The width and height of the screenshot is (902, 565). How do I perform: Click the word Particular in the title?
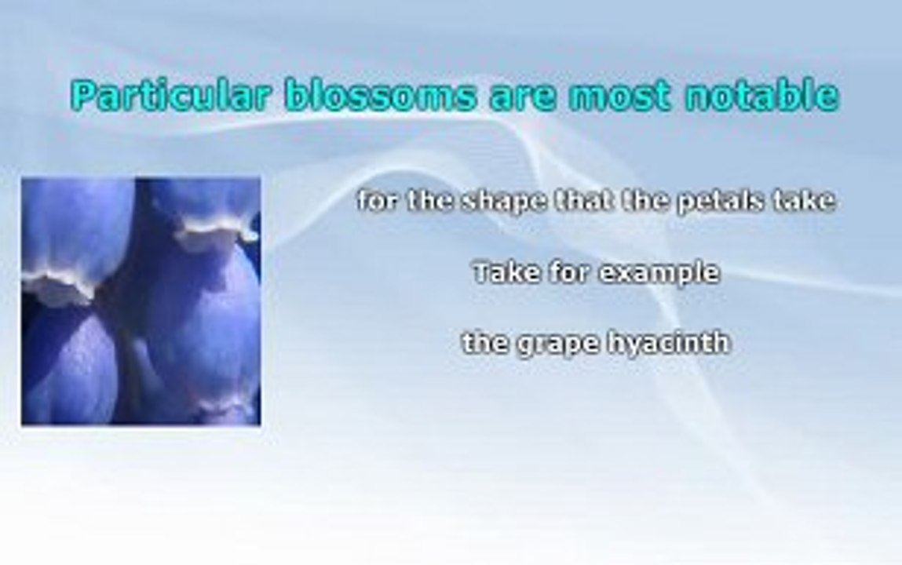(x=170, y=96)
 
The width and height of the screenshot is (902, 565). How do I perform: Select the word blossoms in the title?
(x=380, y=96)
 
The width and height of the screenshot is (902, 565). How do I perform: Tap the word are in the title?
(x=523, y=99)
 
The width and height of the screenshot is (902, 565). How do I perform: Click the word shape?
(x=505, y=202)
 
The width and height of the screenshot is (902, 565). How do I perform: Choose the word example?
(x=659, y=274)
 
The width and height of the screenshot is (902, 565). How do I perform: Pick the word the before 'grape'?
(x=485, y=343)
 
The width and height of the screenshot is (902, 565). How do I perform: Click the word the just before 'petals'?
(x=644, y=200)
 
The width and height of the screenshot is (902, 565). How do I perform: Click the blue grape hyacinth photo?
(x=141, y=301)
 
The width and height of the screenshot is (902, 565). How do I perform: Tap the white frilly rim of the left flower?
(x=57, y=285)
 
